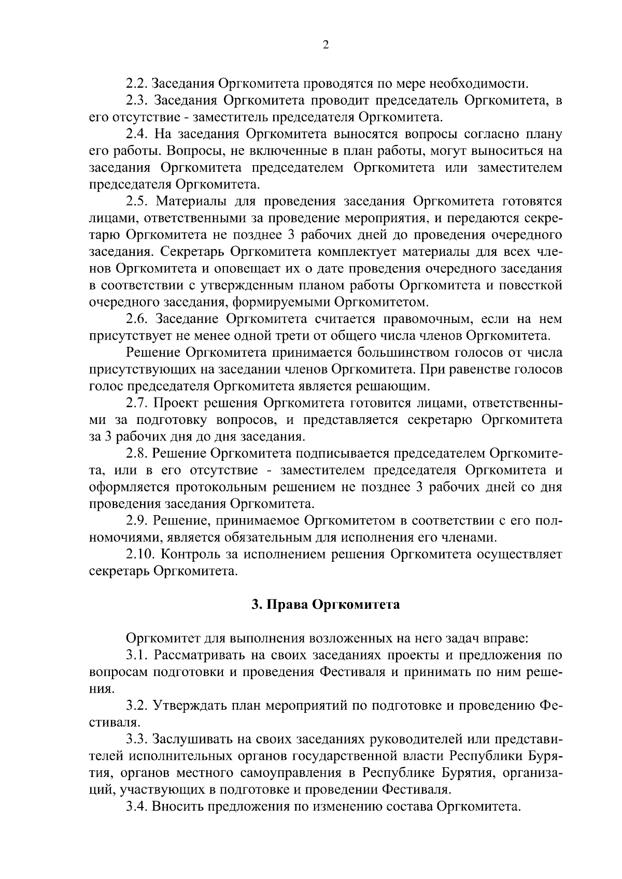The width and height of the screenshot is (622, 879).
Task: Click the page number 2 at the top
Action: coord(326,46)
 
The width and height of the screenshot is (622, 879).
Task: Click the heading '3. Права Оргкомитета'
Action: coord(326,605)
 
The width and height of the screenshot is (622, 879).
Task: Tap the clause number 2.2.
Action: coord(137,83)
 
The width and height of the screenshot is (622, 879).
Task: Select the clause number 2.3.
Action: coord(137,100)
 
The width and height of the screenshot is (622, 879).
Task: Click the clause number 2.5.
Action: coord(137,201)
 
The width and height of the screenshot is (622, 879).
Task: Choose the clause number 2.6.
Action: coord(137,319)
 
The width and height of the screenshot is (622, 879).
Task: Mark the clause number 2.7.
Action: coord(137,403)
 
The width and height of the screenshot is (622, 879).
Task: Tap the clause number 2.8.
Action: coord(137,453)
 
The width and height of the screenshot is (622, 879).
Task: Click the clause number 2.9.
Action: coord(137,520)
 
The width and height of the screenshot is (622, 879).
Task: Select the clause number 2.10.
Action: coord(140,554)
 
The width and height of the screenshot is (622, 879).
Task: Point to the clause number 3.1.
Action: coord(137,655)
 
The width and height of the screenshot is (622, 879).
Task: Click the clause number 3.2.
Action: coord(137,706)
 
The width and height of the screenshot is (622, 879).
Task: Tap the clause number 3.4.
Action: coord(137,807)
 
